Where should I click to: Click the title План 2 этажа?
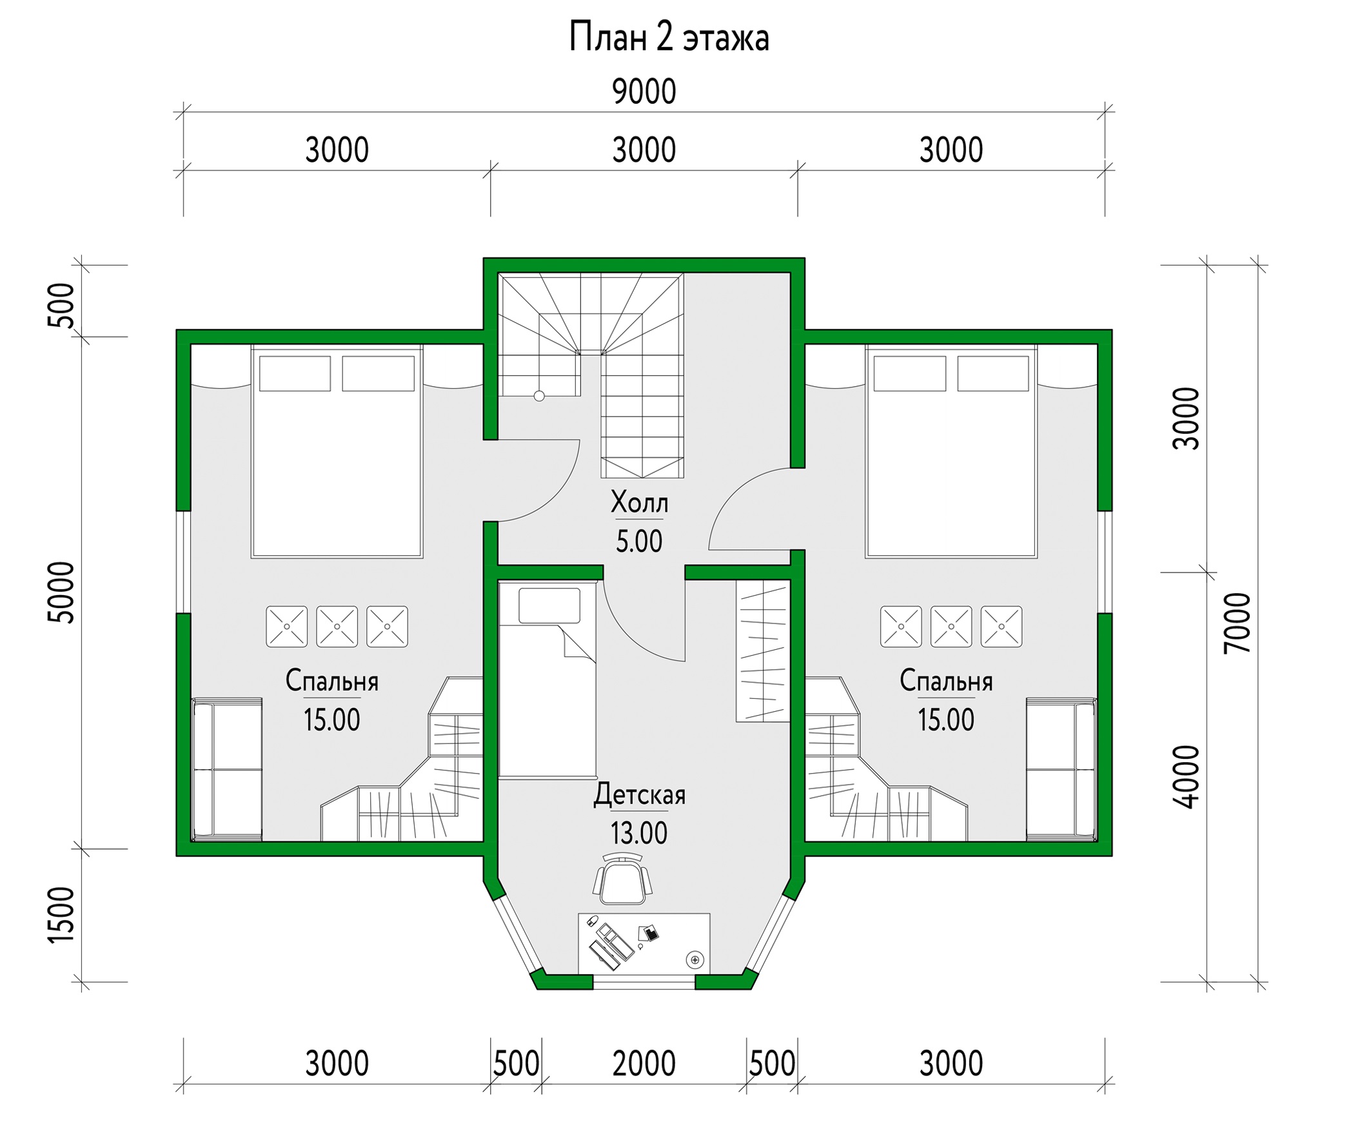(x=669, y=37)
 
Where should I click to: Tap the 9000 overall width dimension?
(x=644, y=92)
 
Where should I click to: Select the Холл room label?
(x=640, y=502)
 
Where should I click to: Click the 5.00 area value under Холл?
(x=640, y=542)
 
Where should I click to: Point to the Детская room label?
(x=640, y=795)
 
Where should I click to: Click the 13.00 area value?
(x=639, y=834)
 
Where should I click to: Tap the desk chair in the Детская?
(x=622, y=881)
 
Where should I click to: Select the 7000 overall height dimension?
(x=1238, y=623)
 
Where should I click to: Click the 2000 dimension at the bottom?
(x=644, y=1064)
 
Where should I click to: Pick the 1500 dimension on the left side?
(x=63, y=915)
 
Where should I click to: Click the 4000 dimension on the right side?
(x=1187, y=777)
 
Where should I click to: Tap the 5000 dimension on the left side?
(x=63, y=593)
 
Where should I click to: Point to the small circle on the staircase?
(x=539, y=396)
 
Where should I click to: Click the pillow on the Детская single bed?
(x=549, y=605)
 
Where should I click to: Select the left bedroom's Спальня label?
(x=331, y=681)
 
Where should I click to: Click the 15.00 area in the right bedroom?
(x=946, y=721)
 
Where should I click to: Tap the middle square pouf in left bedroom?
(x=337, y=627)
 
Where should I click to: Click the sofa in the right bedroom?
(x=1061, y=769)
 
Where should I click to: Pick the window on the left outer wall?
(x=184, y=562)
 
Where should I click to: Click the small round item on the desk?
(x=695, y=959)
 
